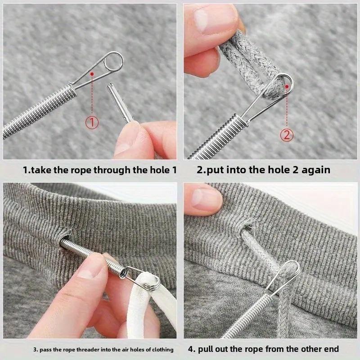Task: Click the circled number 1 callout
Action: (x=92, y=122)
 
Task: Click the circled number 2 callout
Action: (x=287, y=134)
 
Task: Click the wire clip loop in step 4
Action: (x=288, y=274)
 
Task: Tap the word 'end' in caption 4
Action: (x=330, y=349)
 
